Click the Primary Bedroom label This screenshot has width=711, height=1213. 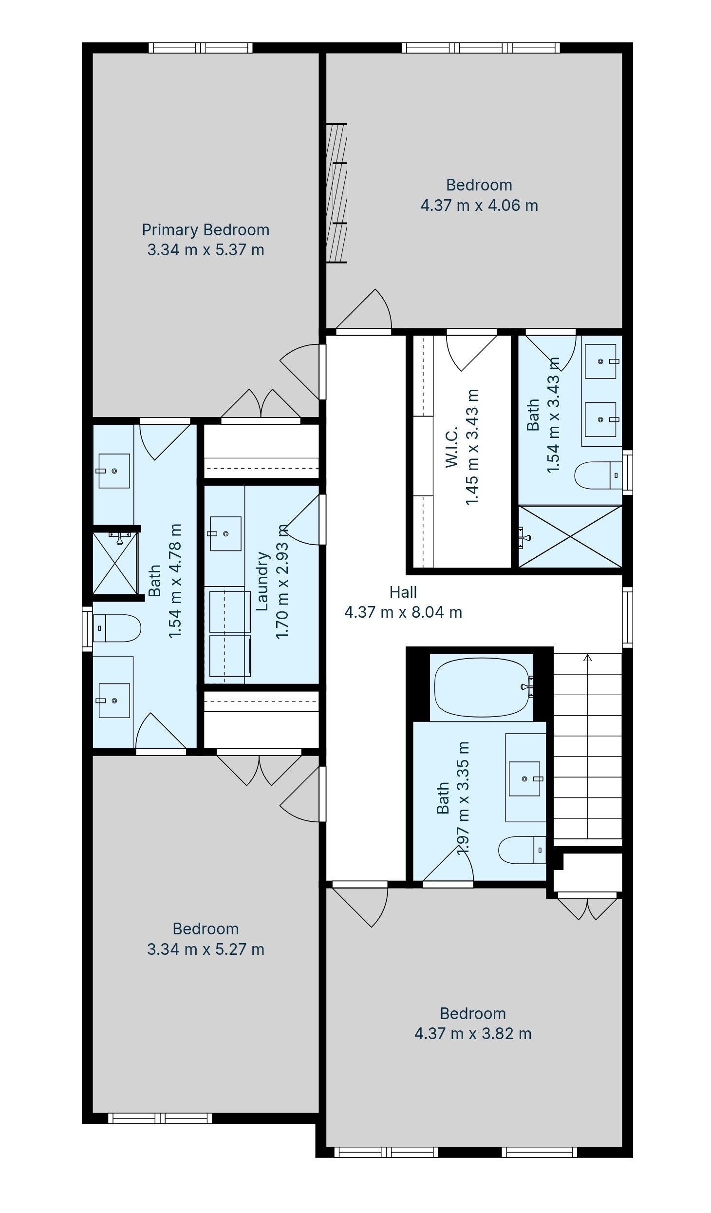click(x=206, y=229)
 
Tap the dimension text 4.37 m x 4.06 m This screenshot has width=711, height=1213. click(x=479, y=206)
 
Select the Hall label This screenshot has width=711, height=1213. click(x=403, y=592)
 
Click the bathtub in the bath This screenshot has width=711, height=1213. click(x=482, y=687)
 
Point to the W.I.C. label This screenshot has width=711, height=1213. click(x=452, y=447)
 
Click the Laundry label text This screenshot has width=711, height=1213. click(x=262, y=581)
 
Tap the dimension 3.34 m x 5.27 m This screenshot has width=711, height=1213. click(x=206, y=949)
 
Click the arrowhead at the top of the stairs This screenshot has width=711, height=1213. click(x=588, y=658)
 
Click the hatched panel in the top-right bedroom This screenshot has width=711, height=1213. click(x=337, y=193)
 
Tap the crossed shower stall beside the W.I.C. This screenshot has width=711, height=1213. click(x=570, y=537)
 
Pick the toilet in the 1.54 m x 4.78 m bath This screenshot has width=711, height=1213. click(x=116, y=628)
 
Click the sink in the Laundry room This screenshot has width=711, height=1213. click(x=225, y=533)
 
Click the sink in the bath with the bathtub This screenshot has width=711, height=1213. click(x=525, y=779)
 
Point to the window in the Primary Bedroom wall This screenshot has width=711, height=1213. click(x=201, y=48)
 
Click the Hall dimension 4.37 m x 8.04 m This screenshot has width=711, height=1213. click(x=403, y=612)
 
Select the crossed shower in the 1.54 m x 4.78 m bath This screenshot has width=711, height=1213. click(x=115, y=563)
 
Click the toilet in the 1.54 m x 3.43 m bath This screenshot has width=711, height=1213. click(x=599, y=475)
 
